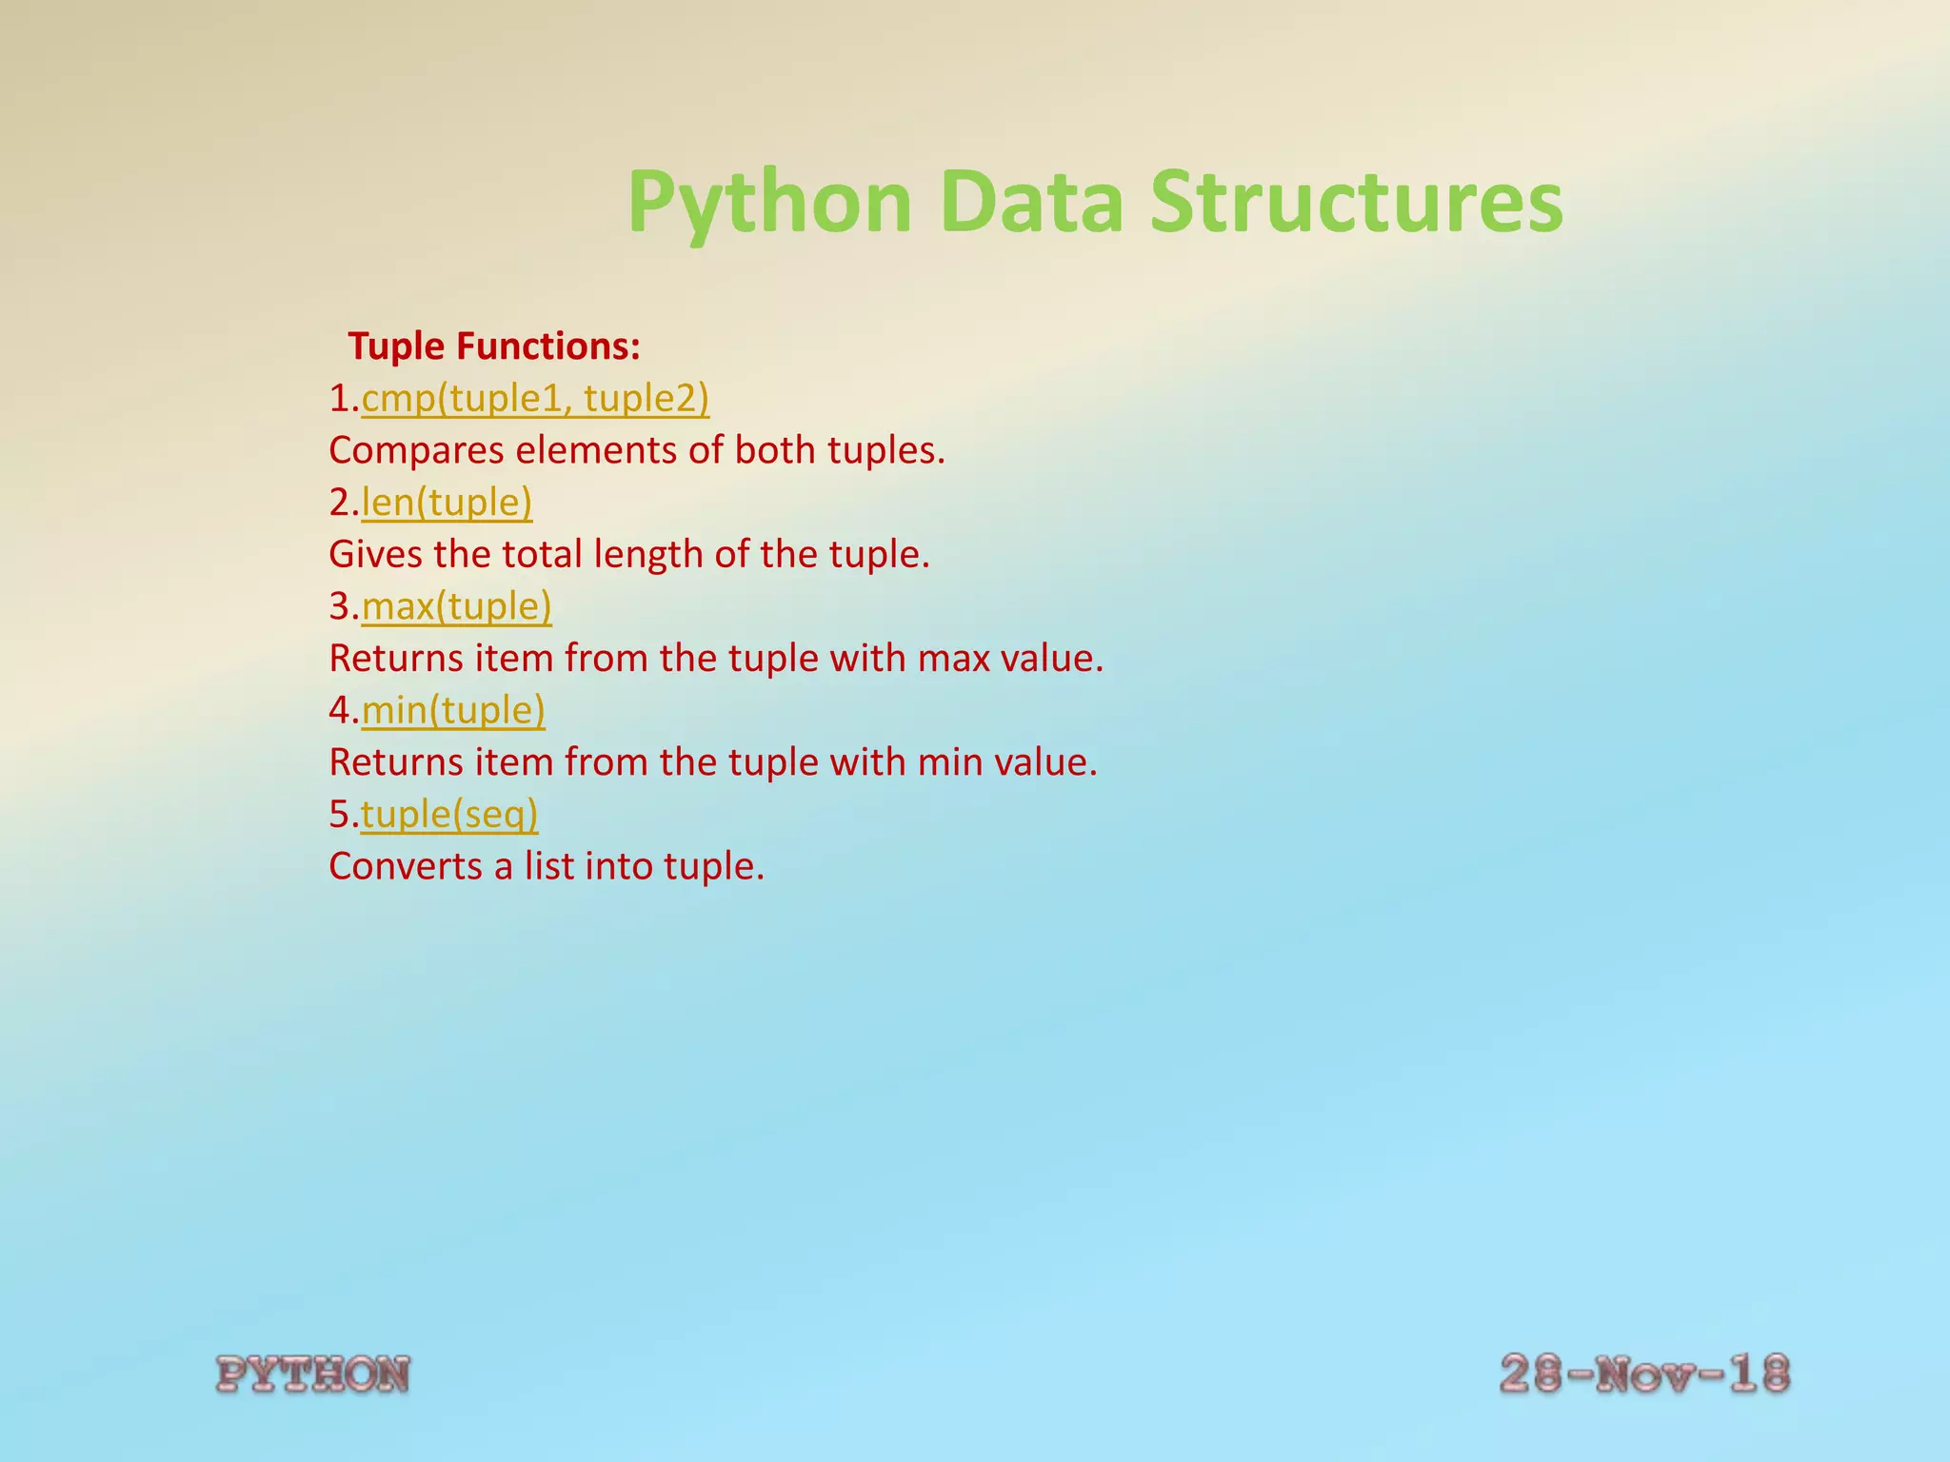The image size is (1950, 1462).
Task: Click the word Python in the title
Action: tap(769, 203)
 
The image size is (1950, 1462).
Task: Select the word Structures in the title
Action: tap(1356, 203)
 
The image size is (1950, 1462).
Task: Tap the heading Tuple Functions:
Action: tap(494, 346)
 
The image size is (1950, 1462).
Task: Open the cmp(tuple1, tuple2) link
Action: tap(535, 398)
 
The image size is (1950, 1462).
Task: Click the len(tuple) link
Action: tap(447, 502)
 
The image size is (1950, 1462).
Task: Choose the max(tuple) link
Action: tap(456, 606)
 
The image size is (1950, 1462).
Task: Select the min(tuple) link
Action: tap(453, 710)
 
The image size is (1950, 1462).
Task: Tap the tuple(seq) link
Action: tap(449, 815)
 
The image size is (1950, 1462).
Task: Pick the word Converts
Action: tap(406, 866)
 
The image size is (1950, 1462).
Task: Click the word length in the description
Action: tap(648, 554)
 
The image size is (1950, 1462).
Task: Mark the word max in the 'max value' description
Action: tap(953, 659)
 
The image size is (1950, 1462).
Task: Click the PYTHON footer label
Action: tap(313, 1374)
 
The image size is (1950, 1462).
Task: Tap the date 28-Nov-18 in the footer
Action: tap(1644, 1374)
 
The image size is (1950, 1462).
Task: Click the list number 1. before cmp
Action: tap(344, 398)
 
